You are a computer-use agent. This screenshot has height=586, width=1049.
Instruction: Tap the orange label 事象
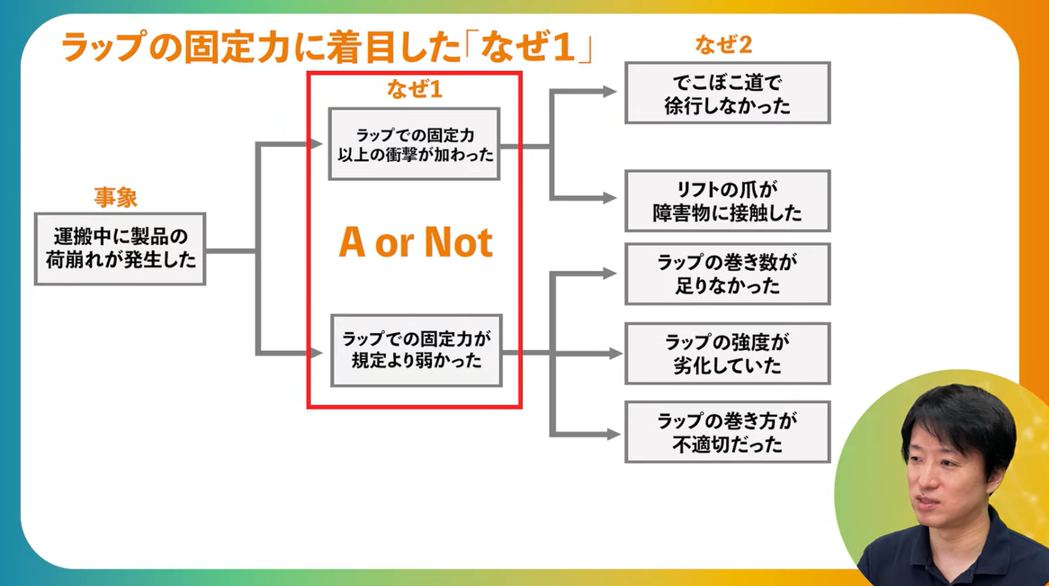pyautogui.click(x=116, y=198)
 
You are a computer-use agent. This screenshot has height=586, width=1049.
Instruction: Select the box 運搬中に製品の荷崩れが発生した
pyautogui.click(x=120, y=249)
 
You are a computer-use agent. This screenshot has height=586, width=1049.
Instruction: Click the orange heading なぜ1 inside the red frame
pyautogui.click(x=415, y=90)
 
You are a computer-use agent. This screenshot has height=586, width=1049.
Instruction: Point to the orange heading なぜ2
pyautogui.click(x=723, y=44)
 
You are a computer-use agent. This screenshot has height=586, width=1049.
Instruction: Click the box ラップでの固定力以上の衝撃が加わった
pyautogui.click(x=414, y=144)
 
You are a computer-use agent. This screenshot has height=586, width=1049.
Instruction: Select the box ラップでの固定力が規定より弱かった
pyautogui.click(x=416, y=351)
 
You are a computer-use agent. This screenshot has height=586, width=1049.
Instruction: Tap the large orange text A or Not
pyautogui.click(x=416, y=243)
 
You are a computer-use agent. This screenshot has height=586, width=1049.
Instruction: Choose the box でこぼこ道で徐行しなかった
pyautogui.click(x=727, y=94)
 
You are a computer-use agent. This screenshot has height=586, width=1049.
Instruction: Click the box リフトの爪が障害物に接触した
pyautogui.click(x=727, y=202)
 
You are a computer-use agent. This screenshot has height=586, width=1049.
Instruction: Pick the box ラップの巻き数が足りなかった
pyautogui.click(x=727, y=275)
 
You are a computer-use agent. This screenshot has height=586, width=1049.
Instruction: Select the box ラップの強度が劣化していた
pyautogui.click(x=727, y=354)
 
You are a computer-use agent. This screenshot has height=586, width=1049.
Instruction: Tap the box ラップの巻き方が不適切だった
pyautogui.click(x=727, y=432)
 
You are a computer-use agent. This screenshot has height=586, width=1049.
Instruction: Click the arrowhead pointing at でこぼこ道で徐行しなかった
pyautogui.click(x=611, y=92)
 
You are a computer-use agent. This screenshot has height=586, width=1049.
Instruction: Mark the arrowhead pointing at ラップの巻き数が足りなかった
pyautogui.click(x=611, y=272)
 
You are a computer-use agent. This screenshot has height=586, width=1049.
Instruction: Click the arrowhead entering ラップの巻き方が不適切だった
pyautogui.click(x=611, y=434)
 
